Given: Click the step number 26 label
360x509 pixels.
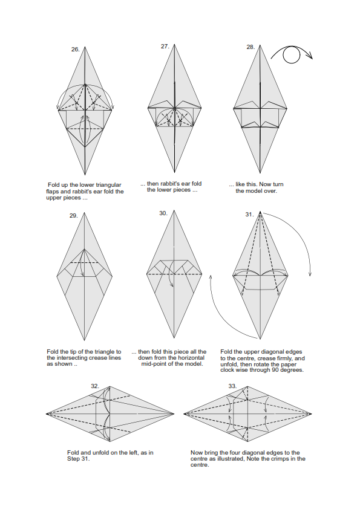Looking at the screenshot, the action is pos(76,50).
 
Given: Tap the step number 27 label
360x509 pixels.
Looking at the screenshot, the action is pos(165,47).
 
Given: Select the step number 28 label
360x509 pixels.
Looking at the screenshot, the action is pos(250,47).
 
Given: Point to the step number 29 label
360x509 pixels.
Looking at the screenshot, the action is pos(74,216).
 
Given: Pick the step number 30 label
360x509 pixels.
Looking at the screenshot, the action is pos(163,213).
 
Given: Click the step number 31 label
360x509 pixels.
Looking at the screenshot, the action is pos(249,215).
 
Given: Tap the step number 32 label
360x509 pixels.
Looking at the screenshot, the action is pos(95,386).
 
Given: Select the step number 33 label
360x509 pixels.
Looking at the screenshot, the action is pos(232,386).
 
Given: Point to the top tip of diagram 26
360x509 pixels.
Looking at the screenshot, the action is pos(85,47).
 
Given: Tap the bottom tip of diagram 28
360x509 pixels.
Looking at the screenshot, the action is pos(260,173).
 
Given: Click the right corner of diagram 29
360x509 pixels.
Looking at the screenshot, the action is pos(113,276).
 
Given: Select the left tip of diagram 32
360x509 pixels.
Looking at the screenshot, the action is pos(47,414).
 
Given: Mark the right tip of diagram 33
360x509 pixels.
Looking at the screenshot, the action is pos(312,414).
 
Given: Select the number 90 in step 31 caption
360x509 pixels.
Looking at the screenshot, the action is pos(275,370).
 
